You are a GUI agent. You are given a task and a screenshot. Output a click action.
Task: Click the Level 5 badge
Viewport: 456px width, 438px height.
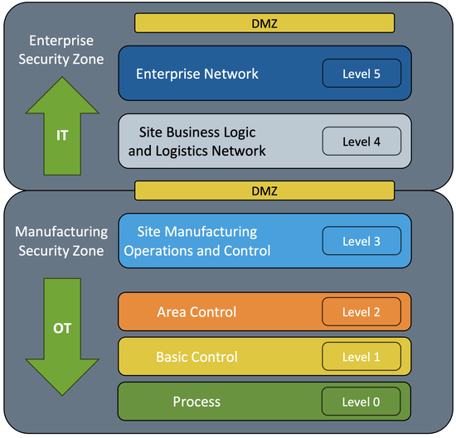pos(361,74)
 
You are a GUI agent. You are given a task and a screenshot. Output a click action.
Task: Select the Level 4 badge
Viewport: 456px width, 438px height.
pos(361,142)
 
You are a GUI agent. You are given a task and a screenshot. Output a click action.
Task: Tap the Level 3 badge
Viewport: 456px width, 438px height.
pos(361,241)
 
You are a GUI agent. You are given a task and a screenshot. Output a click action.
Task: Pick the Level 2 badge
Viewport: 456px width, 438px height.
pos(361,312)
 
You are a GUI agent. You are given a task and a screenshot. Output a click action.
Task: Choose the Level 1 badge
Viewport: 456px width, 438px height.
pos(361,357)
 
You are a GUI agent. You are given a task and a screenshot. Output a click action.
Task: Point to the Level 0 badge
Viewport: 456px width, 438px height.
pos(361,402)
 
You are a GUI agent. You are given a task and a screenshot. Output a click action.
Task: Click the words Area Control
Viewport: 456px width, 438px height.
pos(196,312)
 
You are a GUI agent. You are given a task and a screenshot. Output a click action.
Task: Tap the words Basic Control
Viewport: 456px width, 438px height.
pos(196,357)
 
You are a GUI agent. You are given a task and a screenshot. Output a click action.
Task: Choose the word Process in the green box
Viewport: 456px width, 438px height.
pos(196,402)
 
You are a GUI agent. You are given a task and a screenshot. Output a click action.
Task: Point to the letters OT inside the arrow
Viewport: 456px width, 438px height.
pos(62,328)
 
